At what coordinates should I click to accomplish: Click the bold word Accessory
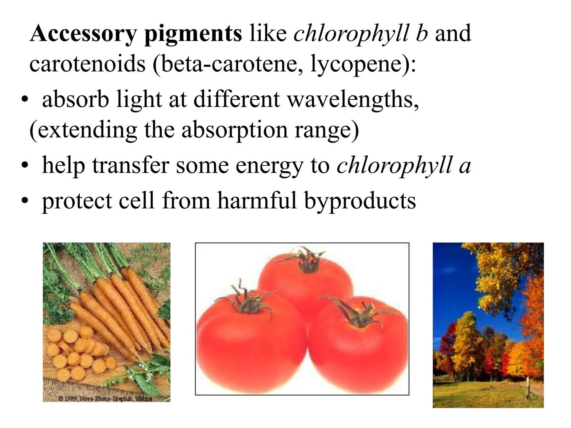pyautogui.click(x=83, y=33)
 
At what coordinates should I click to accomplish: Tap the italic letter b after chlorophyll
pyautogui.click(x=422, y=33)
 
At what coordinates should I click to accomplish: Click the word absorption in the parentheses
pyautogui.click(x=234, y=130)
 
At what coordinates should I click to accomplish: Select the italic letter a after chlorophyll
pyautogui.click(x=464, y=166)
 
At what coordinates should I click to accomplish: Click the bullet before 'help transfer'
pyautogui.click(x=25, y=165)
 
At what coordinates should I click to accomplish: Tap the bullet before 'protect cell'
pyautogui.click(x=25, y=200)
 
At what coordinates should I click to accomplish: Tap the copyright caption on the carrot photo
pyautogui.click(x=105, y=398)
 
